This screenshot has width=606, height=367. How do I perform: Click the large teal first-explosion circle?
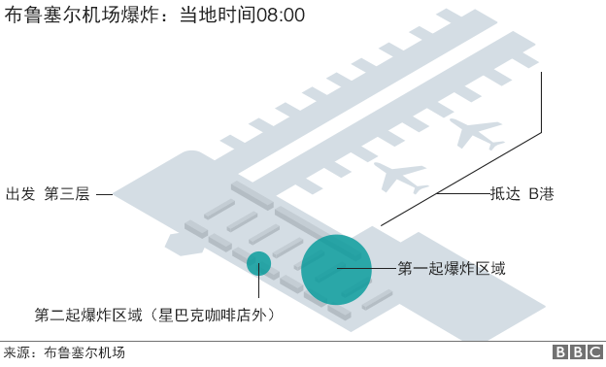point(335,269)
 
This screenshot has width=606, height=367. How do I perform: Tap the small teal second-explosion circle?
point(258,263)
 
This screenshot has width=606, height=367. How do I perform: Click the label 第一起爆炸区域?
point(452,267)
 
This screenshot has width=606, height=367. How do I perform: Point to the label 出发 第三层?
point(48,193)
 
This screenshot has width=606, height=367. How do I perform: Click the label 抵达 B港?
point(522,193)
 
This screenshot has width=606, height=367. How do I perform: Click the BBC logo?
point(577,353)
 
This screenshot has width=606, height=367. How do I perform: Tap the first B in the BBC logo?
point(561,353)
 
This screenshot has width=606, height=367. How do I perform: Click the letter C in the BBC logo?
point(592,353)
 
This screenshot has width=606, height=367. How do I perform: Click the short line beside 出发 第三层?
point(105,194)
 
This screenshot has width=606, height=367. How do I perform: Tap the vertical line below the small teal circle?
point(258,288)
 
